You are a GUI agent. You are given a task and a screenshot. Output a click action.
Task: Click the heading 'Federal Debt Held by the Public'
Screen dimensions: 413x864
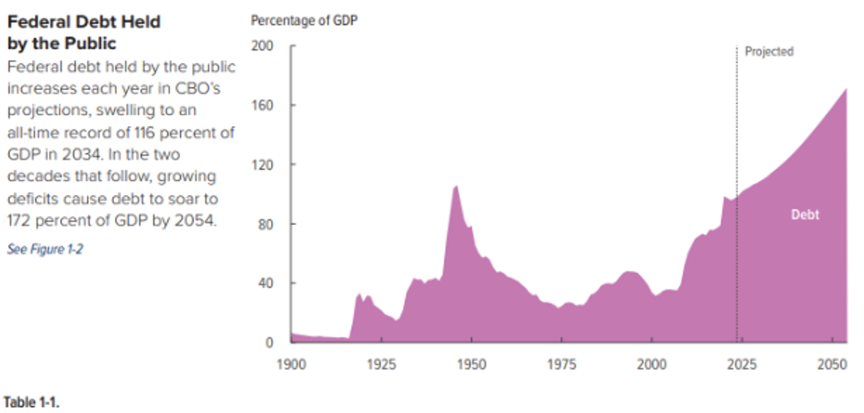tap(83, 32)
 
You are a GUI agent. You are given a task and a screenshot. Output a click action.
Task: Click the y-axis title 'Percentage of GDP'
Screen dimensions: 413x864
tap(303, 20)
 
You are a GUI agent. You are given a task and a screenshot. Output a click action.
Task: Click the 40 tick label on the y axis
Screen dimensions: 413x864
tap(267, 283)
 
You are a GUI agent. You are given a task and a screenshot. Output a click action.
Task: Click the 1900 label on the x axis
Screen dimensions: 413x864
tap(292, 364)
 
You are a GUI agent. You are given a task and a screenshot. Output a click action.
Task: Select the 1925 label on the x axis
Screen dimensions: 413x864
tap(382, 364)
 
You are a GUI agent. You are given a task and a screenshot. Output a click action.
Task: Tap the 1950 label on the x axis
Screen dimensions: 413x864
tap(472, 364)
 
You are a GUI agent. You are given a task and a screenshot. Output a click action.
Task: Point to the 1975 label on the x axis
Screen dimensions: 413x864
tap(562, 364)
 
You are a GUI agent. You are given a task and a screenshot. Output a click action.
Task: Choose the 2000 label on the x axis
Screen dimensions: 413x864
tap(652, 364)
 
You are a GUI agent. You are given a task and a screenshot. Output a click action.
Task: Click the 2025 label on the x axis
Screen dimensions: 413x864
tap(742, 364)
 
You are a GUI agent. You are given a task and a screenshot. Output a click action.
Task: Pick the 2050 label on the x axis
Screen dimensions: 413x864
tap(832, 364)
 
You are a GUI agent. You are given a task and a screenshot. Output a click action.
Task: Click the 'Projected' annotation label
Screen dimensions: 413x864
tap(769, 51)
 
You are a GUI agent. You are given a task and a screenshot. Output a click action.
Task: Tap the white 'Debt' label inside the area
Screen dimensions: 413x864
tap(805, 215)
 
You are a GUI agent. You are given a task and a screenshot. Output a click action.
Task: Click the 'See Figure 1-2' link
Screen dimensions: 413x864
tap(45, 250)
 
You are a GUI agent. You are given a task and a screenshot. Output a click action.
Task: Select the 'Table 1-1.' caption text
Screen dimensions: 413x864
tap(32, 402)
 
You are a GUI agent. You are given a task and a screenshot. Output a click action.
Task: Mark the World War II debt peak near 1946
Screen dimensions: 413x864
tap(455, 186)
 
